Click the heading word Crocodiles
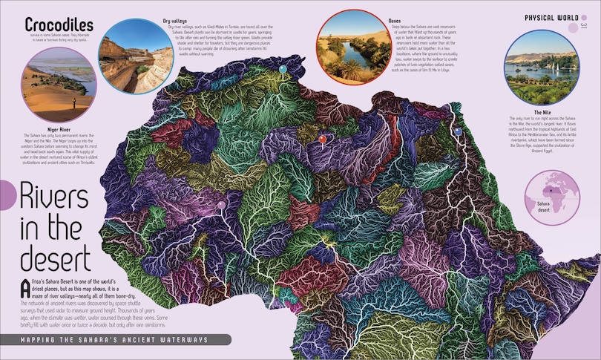59,24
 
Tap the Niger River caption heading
57,128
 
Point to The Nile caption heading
542,111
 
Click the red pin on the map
322,138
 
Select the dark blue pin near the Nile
458,131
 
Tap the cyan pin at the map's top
282,70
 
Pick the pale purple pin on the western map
220,205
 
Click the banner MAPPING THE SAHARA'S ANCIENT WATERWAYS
115,340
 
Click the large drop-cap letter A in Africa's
26,287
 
